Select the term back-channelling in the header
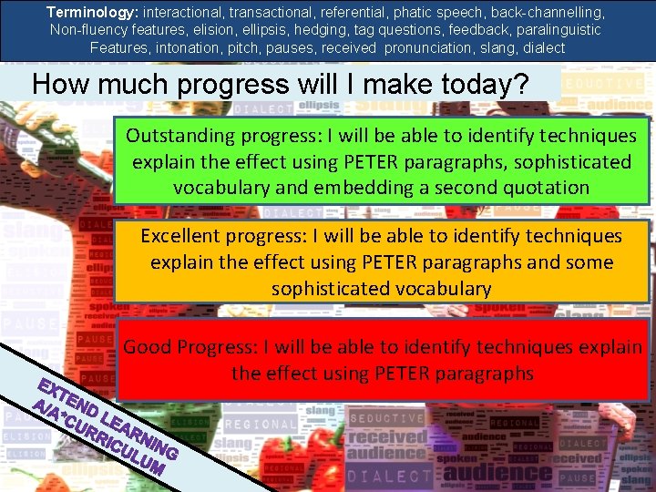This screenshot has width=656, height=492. pyautogui.click(x=554, y=13)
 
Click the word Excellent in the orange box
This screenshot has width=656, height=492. pyautogui.click(x=183, y=236)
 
